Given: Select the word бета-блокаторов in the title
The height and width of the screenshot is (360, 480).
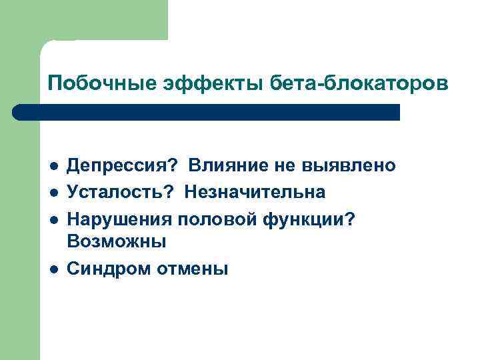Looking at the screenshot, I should [354, 84].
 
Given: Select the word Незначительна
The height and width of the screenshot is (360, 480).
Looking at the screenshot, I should [255, 192].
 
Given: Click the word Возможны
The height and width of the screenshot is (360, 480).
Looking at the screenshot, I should [117, 241].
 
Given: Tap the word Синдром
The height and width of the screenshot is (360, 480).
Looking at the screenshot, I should [109, 269].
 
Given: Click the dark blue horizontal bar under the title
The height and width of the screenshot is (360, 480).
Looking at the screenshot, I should [207, 112].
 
